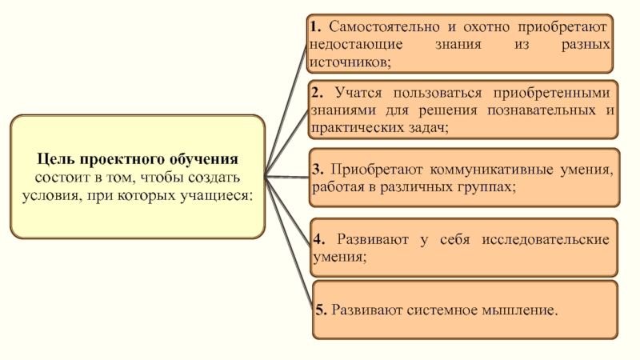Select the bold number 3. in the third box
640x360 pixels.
pyautogui.click(x=318, y=170)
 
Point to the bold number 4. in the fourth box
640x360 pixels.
pyautogui.click(x=318, y=239)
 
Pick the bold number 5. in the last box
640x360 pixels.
pyautogui.click(x=320, y=308)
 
